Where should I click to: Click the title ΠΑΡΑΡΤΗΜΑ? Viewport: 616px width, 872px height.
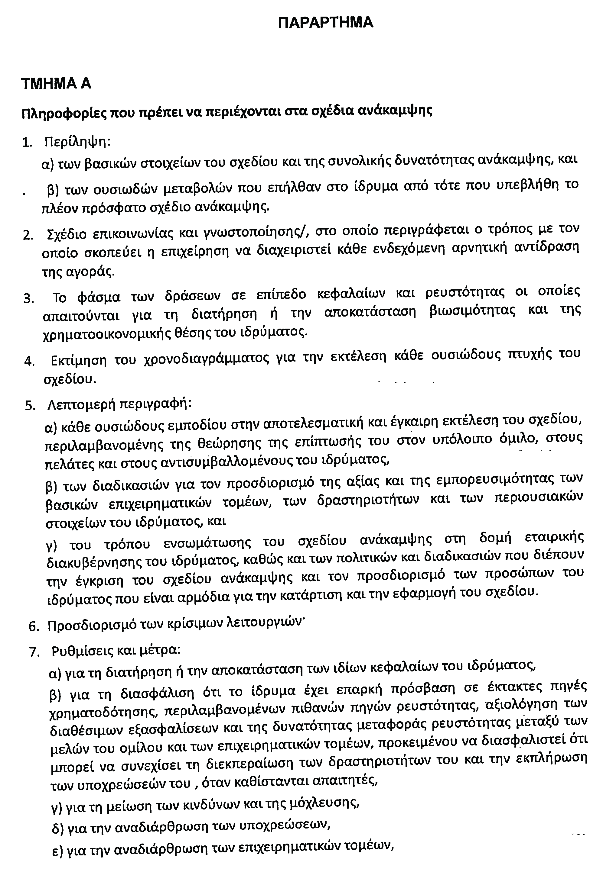click(x=325, y=23)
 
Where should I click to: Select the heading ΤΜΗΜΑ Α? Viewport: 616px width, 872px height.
click(x=56, y=84)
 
